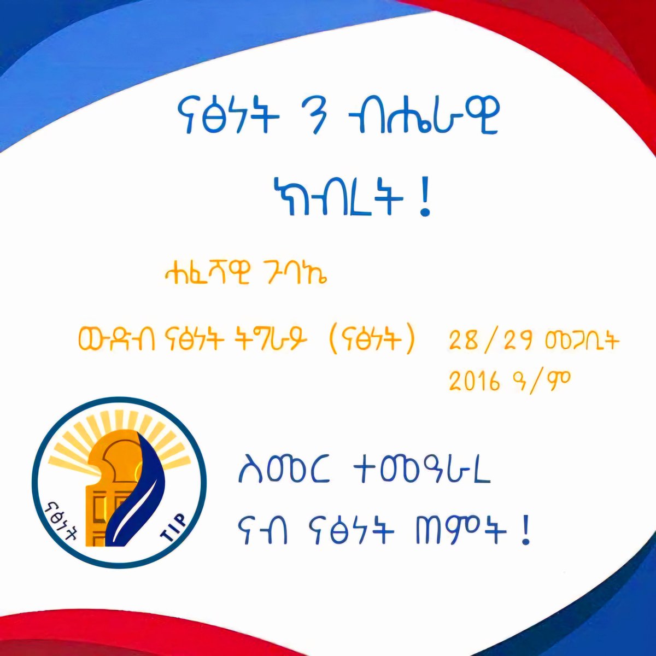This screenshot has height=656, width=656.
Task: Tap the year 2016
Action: [x=475, y=382]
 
